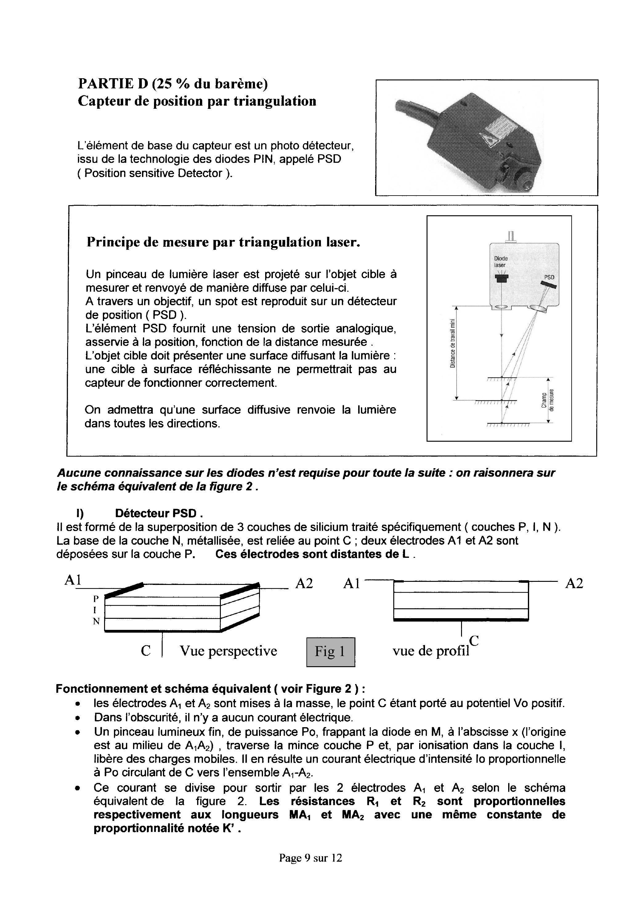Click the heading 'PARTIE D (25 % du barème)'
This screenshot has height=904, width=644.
[x=172, y=84]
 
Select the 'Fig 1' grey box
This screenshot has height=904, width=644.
[x=330, y=651]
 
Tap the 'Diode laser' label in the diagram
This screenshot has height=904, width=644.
[x=500, y=262]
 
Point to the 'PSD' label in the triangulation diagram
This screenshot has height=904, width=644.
[x=549, y=278]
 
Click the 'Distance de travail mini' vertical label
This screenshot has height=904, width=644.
[x=452, y=343]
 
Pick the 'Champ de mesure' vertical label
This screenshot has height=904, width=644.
[x=548, y=400]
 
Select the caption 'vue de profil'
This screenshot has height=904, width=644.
[x=431, y=651]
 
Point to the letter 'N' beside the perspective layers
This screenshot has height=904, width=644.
[x=96, y=621]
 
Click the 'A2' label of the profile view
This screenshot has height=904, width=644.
[x=574, y=584]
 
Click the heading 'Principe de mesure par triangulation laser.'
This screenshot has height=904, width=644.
[x=223, y=242]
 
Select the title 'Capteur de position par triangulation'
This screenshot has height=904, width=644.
[x=197, y=101]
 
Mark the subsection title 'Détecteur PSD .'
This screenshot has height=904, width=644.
[x=159, y=513]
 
